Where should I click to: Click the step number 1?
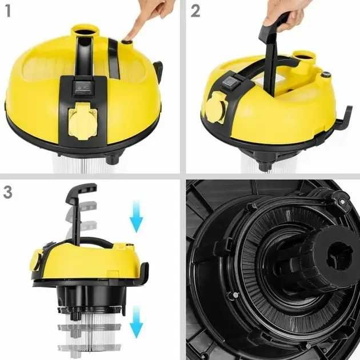(x=8, y=11)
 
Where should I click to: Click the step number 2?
(x=195, y=11)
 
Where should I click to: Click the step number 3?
(x=7, y=192)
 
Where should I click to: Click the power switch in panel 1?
(x=83, y=89)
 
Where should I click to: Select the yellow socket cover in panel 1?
(x=82, y=121)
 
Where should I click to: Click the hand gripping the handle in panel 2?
(x=285, y=15)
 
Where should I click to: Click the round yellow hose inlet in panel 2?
(x=305, y=57)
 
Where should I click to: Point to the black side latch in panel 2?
(x=345, y=117)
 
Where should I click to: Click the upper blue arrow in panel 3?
(x=137, y=217)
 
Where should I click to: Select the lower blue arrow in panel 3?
(x=137, y=322)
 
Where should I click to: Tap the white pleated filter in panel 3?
(x=90, y=331)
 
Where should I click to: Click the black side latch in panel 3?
(x=144, y=272)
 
